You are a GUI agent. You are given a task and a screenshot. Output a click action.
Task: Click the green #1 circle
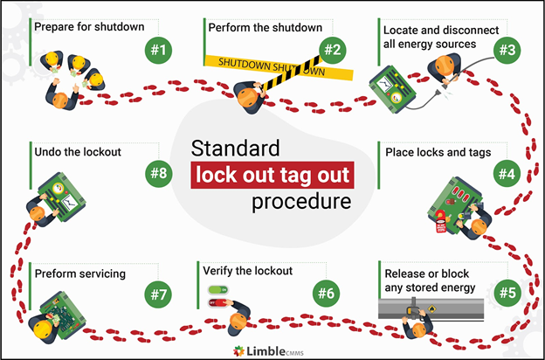(x=157, y=50)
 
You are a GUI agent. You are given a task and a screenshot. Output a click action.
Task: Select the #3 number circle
(x=507, y=50)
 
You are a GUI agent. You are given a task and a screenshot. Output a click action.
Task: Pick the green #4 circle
(x=507, y=173)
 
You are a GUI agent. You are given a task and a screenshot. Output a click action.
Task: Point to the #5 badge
(x=507, y=291)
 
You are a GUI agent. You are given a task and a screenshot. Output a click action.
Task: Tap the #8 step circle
(x=157, y=173)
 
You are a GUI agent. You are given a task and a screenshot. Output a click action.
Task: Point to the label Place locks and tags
(x=438, y=152)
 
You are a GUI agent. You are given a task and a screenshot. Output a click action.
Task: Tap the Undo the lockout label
(x=78, y=151)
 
